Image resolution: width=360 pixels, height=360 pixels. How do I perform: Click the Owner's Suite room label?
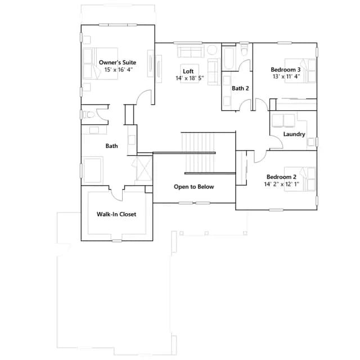(x=118, y=62)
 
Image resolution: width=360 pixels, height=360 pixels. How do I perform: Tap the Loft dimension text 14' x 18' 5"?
(x=190, y=78)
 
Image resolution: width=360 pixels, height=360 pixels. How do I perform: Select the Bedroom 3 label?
(x=286, y=70)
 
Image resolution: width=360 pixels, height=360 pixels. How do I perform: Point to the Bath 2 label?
(x=240, y=88)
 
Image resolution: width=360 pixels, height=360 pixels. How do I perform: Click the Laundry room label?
(x=294, y=134)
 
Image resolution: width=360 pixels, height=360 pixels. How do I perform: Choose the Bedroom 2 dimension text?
(x=281, y=184)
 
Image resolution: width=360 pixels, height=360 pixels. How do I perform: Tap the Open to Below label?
(x=193, y=187)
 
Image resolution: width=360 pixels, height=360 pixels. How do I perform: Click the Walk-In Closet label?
(x=116, y=214)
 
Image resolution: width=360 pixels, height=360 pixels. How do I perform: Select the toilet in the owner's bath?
(x=89, y=115)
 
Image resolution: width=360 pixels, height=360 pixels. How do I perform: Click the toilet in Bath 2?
(x=244, y=50)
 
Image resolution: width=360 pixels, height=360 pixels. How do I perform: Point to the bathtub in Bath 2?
(x=229, y=58)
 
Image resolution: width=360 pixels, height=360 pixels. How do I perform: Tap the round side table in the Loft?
(x=211, y=50)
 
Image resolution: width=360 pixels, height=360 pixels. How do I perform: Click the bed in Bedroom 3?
(x=300, y=71)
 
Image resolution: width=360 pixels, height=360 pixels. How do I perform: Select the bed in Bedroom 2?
(x=300, y=179)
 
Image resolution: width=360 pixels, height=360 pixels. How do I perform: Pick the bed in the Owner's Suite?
(x=100, y=64)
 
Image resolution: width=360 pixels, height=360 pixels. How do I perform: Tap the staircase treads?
(x=198, y=152)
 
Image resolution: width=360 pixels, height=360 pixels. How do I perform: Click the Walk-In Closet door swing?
(x=116, y=195)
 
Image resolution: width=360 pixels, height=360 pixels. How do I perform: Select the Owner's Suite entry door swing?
(x=143, y=97)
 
